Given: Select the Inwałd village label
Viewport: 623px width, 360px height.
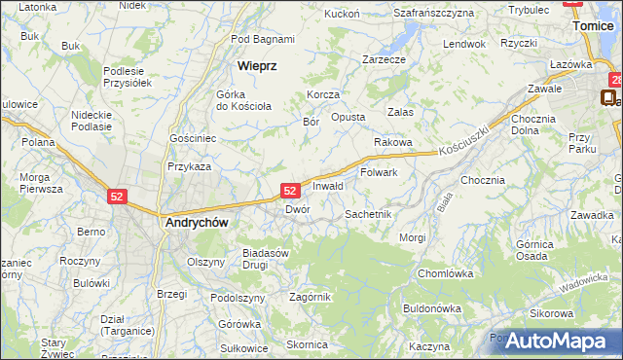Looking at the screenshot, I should (x=328, y=185).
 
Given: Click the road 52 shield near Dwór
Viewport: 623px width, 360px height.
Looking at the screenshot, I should (x=290, y=191).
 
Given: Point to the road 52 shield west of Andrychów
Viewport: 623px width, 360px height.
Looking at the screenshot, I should (x=118, y=196).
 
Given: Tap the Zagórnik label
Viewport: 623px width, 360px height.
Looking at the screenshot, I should (x=310, y=297).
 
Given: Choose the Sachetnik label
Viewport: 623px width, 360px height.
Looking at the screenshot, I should (x=368, y=213).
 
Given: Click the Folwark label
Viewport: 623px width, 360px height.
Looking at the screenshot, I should (x=379, y=172).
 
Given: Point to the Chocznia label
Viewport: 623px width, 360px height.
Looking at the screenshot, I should (x=483, y=180).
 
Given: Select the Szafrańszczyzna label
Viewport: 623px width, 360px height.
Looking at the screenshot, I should (x=433, y=13).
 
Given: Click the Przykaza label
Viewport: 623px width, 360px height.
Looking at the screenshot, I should (x=189, y=166).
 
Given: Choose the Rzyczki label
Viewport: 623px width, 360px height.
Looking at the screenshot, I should (x=519, y=43).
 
